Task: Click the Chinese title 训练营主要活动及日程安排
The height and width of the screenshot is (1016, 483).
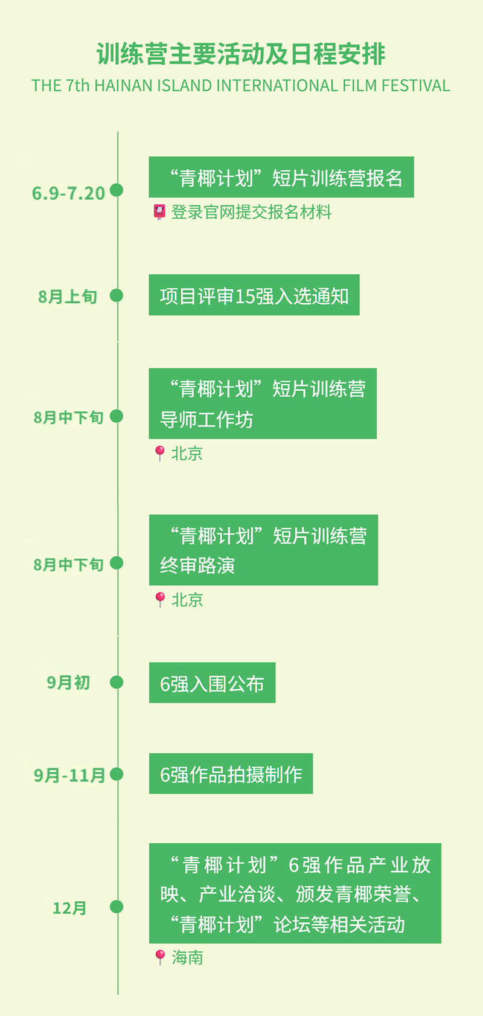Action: tap(241, 54)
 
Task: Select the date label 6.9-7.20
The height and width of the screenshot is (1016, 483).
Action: tap(68, 193)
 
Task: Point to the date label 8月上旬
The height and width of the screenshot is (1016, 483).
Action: tap(68, 297)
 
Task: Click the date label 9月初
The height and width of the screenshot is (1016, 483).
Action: tap(68, 683)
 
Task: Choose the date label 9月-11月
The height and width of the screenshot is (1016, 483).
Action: tap(69, 775)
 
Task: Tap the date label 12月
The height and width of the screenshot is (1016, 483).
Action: tap(69, 908)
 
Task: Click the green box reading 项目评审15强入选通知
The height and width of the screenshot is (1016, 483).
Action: tap(254, 295)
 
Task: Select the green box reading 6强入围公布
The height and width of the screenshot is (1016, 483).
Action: tap(212, 683)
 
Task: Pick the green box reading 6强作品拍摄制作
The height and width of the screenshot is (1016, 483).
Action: tap(231, 774)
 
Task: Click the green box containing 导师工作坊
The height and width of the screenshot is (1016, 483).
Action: tap(263, 404)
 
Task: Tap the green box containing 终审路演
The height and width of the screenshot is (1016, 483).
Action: tap(263, 550)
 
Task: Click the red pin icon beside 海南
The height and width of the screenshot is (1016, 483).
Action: tap(160, 957)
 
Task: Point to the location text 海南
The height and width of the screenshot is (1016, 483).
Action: tap(187, 957)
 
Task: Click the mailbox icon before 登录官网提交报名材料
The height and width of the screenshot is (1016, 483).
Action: tap(159, 212)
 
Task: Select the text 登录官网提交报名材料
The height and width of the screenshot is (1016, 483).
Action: tap(251, 212)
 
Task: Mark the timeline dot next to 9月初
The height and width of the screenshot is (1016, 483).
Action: tap(117, 683)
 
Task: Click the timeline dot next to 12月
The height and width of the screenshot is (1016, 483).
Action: tap(117, 907)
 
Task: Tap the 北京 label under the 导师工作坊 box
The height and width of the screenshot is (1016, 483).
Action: tap(187, 453)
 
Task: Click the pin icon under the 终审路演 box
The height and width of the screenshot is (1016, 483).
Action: tap(160, 599)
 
